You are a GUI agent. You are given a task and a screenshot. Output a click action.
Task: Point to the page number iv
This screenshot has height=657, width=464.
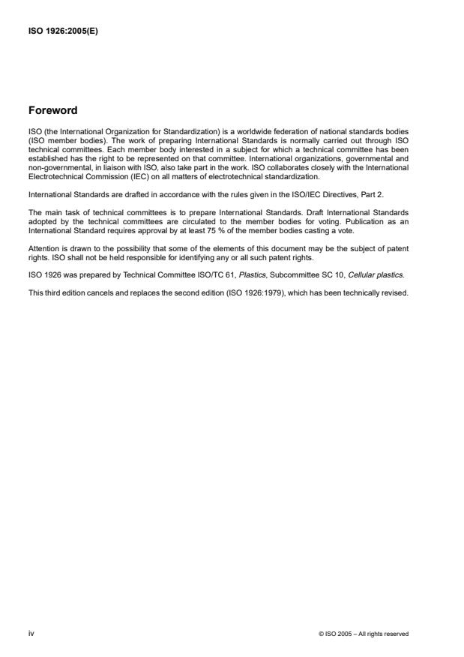31,634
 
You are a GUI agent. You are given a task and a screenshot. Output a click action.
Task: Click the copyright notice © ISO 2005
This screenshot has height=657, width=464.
364,634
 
